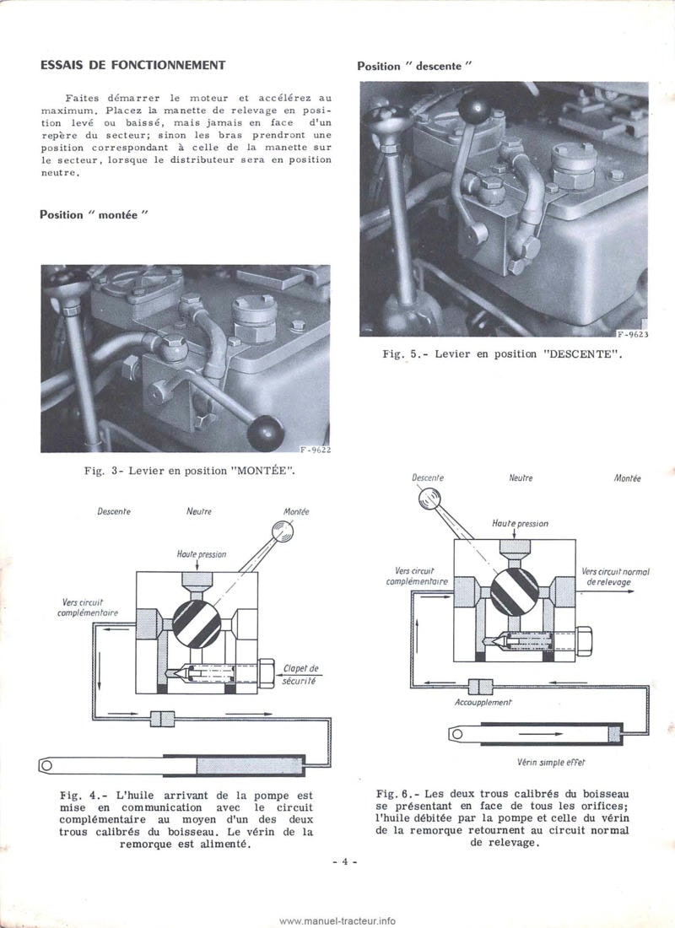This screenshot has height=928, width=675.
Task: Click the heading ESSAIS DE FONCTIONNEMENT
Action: [x=132, y=65]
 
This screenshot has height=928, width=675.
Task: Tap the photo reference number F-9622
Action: [x=315, y=450]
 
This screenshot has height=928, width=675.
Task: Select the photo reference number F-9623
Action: [x=632, y=334]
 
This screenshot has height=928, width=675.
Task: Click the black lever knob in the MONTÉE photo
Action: [x=266, y=433]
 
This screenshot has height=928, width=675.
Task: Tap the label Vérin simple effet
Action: [x=551, y=761]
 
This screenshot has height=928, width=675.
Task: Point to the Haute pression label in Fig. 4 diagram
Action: [x=201, y=554]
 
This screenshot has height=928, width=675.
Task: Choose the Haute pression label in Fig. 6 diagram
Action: [x=520, y=523]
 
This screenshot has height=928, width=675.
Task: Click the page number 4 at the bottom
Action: [x=345, y=861]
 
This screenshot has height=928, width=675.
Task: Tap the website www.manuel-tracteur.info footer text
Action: [x=337, y=920]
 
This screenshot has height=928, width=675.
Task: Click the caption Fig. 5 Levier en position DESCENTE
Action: [x=504, y=354]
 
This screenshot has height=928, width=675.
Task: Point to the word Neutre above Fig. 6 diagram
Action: [x=521, y=478]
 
